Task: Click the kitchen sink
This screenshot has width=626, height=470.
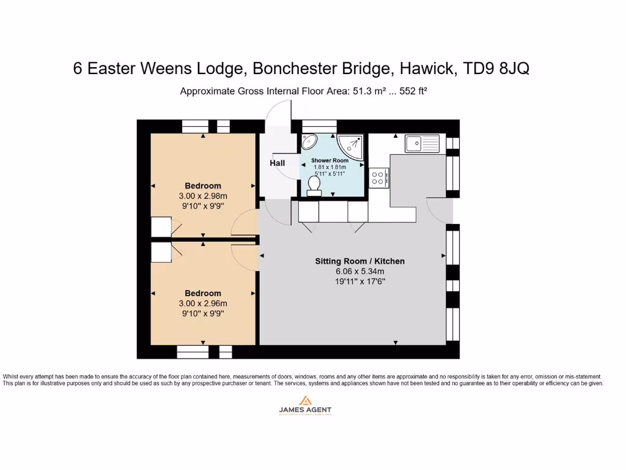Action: pos(422,144)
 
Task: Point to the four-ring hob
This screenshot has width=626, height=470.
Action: pos(378,177)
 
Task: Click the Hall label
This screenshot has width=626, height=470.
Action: pos(278,163)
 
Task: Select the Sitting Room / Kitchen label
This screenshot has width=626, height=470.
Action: pos(359,261)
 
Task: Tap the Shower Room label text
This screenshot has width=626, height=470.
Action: pos(330,160)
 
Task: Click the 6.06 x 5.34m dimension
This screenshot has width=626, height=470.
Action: pos(359,271)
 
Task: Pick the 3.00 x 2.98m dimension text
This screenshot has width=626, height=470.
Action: pos(203,196)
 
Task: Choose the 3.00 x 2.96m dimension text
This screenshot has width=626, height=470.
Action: pos(203,304)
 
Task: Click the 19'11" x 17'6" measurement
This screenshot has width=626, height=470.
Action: pos(359,282)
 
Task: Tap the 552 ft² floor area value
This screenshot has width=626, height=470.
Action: pos(413,91)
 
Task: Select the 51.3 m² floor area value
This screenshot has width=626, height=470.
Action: pos(367,91)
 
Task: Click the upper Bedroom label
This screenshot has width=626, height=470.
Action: pos(203,186)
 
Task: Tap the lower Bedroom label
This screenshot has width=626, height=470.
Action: pos(203,293)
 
